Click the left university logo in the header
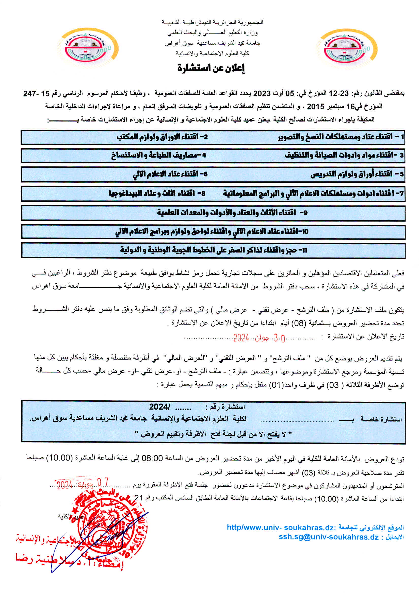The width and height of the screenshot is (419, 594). click(88, 48)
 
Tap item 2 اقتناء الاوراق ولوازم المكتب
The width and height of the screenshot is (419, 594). click(162, 137)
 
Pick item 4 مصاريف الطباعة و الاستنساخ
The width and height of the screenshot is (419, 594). click(158, 155)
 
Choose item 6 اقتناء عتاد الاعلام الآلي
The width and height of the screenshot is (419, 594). click(170, 174)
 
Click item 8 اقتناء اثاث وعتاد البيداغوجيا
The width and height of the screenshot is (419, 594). click(157, 193)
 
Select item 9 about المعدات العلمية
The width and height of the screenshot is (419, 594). click(232, 213)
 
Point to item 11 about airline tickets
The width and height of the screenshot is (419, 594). click(213, 250)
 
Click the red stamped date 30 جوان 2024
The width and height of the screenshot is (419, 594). click(259, 338)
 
